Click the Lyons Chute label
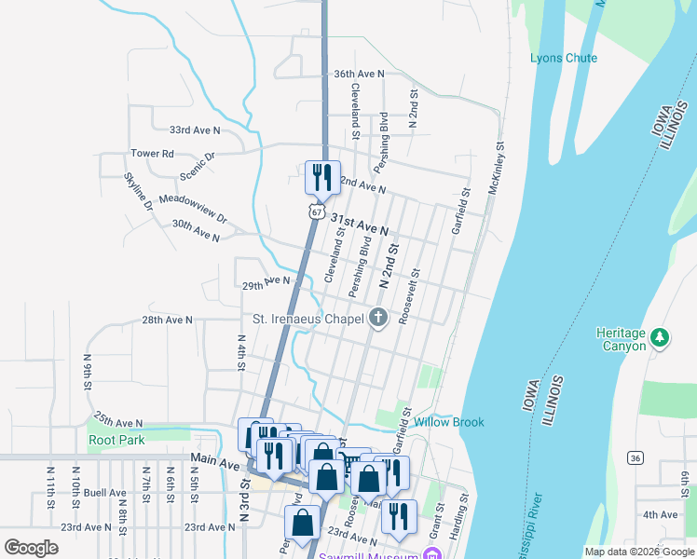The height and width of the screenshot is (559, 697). (x=564, y=58)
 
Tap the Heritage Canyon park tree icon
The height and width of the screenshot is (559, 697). (x=660, y=336)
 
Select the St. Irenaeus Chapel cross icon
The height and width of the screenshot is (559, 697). (x=378, y=319)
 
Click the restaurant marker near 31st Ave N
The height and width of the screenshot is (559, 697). (x=322, y=178)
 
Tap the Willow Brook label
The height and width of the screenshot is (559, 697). (x=449, y=422)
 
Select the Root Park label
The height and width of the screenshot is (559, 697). (x=116, y=440)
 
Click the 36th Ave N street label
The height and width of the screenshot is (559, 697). (x=359, y=74)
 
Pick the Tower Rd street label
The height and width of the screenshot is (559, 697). (x=152, y=153)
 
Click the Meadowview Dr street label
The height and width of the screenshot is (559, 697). (x=193, y=208)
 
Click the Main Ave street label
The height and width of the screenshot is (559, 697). (x=215, y=459)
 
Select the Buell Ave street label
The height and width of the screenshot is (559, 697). (x=104, y=492)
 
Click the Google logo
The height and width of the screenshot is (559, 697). (x=32, y=548)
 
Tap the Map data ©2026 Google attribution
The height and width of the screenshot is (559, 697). (x=638, y=552)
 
